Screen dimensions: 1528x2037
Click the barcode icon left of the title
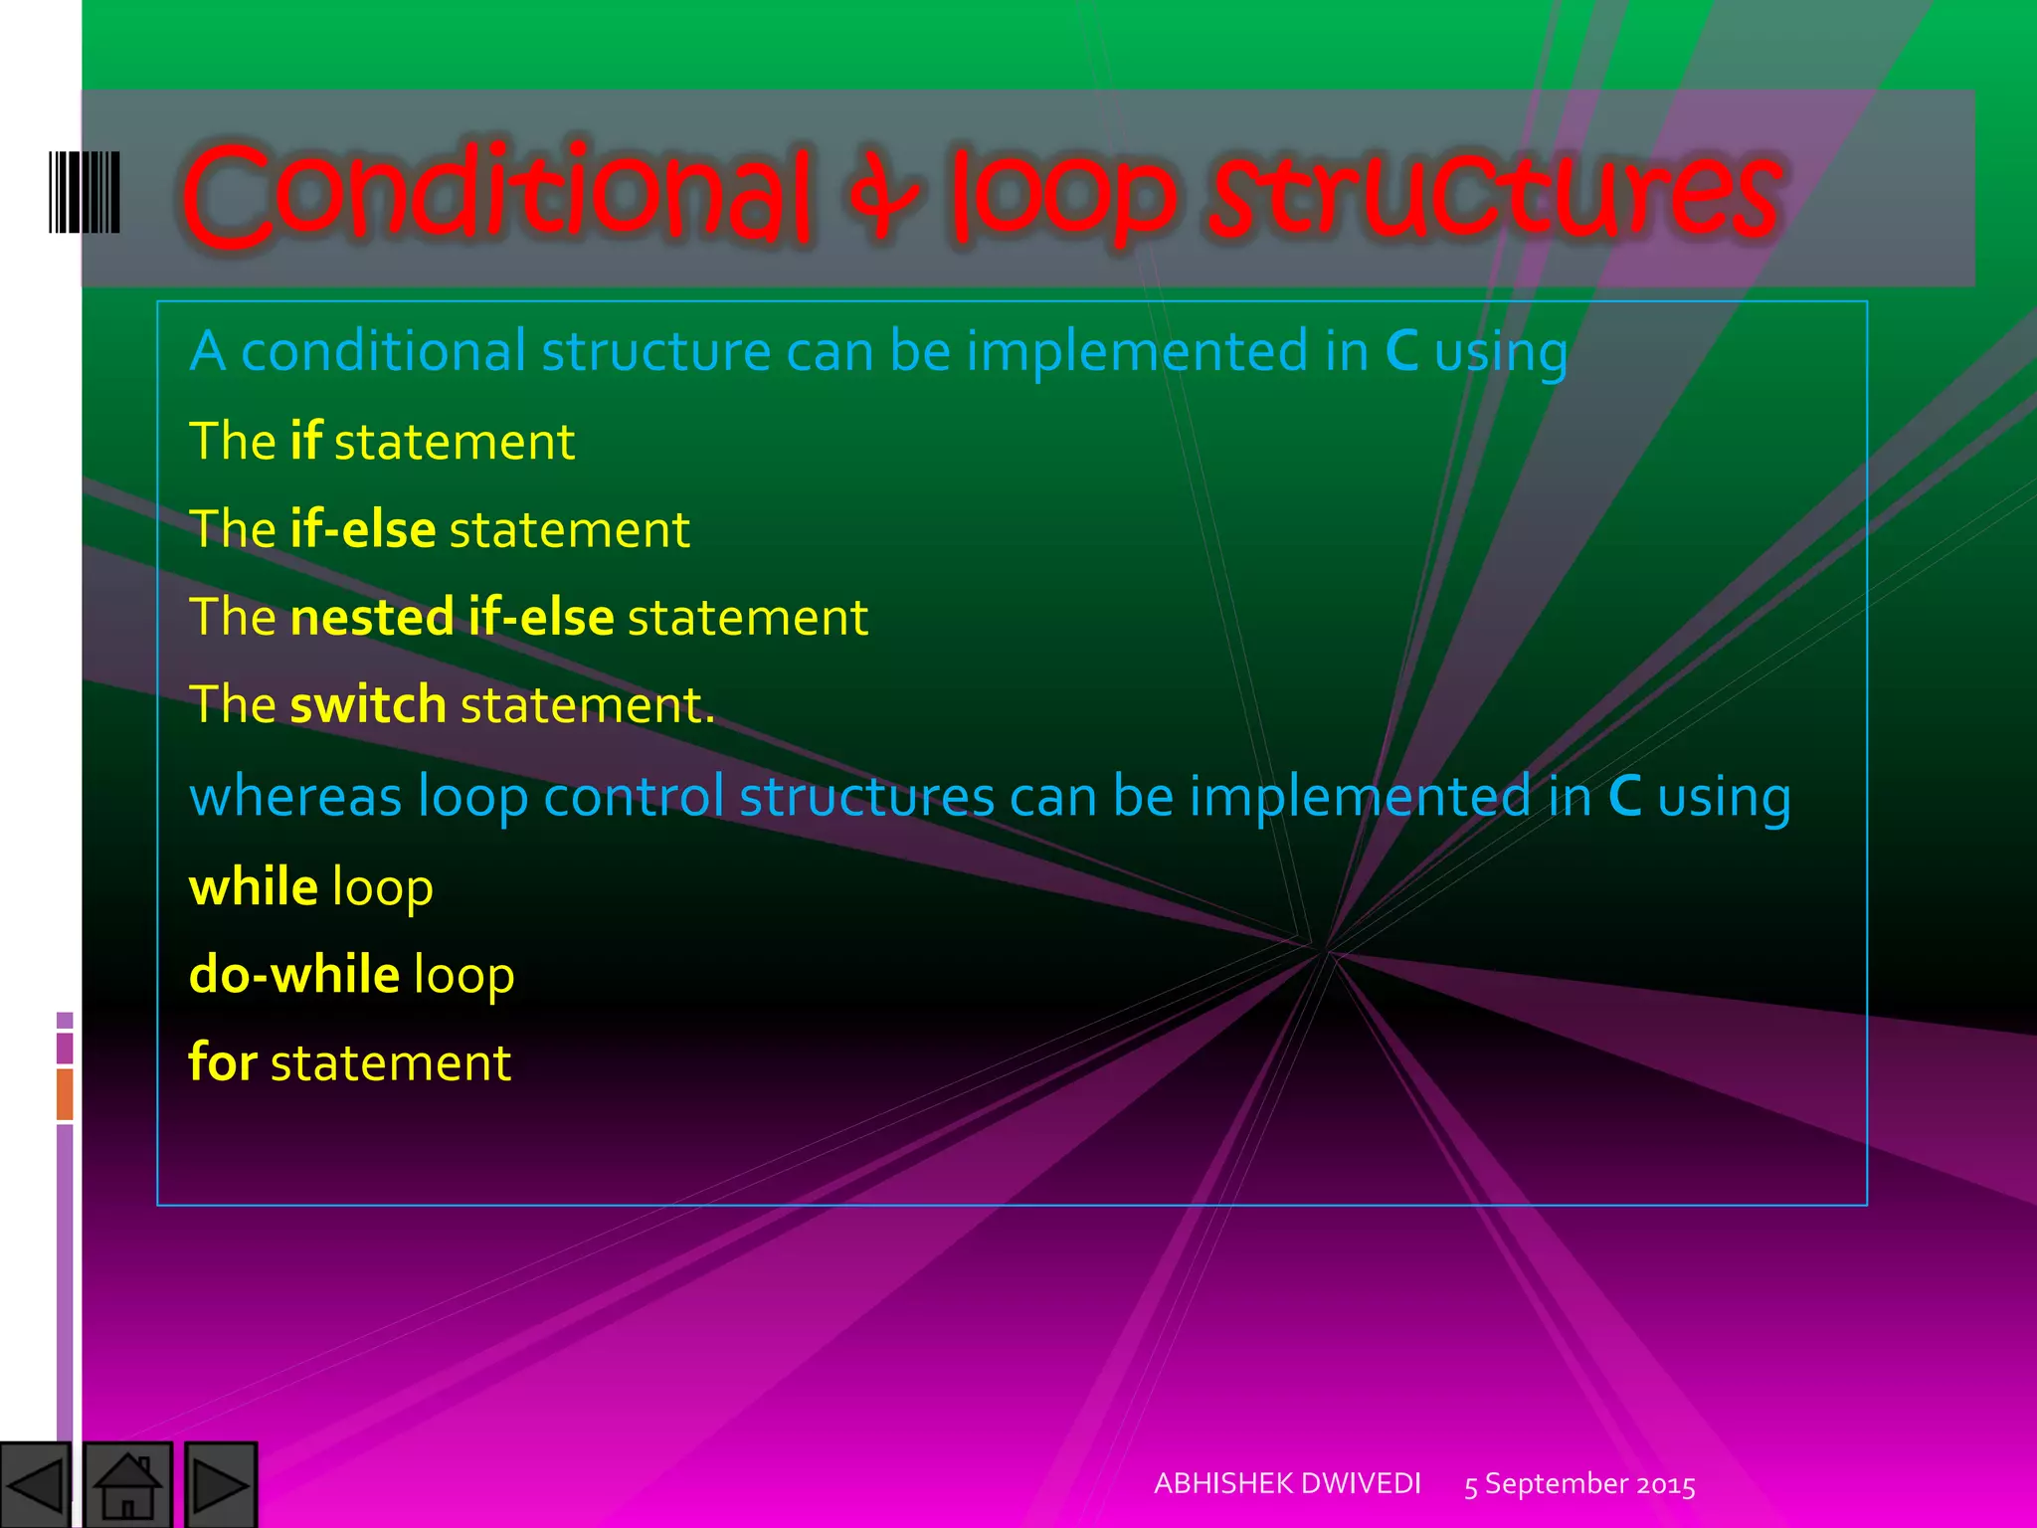click(85, 192)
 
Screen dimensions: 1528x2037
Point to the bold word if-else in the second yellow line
click(363, 529)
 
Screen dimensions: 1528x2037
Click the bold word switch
click(368, 704)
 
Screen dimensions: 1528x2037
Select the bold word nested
click(372, 617)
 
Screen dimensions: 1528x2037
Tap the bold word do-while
click(294, 974)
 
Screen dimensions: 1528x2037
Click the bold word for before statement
click(223, 1061)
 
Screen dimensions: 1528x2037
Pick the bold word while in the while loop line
click(254, 886)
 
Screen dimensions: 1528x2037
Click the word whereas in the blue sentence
click(295, 797)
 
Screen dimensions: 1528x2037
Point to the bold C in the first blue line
click(1401, 351)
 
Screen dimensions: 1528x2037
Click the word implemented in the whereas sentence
click(1360, 797)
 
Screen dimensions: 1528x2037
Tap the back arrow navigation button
click(35, 1485)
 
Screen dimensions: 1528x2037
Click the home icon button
click(127, 1485)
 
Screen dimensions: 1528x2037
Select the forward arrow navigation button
click(221, 1485)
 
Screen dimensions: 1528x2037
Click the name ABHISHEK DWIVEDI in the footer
click(1287, 1483)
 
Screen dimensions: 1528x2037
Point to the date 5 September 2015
click(1579, 1484)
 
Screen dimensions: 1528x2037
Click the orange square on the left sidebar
click(65, 1093)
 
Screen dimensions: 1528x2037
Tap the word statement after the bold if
click(455, 442)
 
